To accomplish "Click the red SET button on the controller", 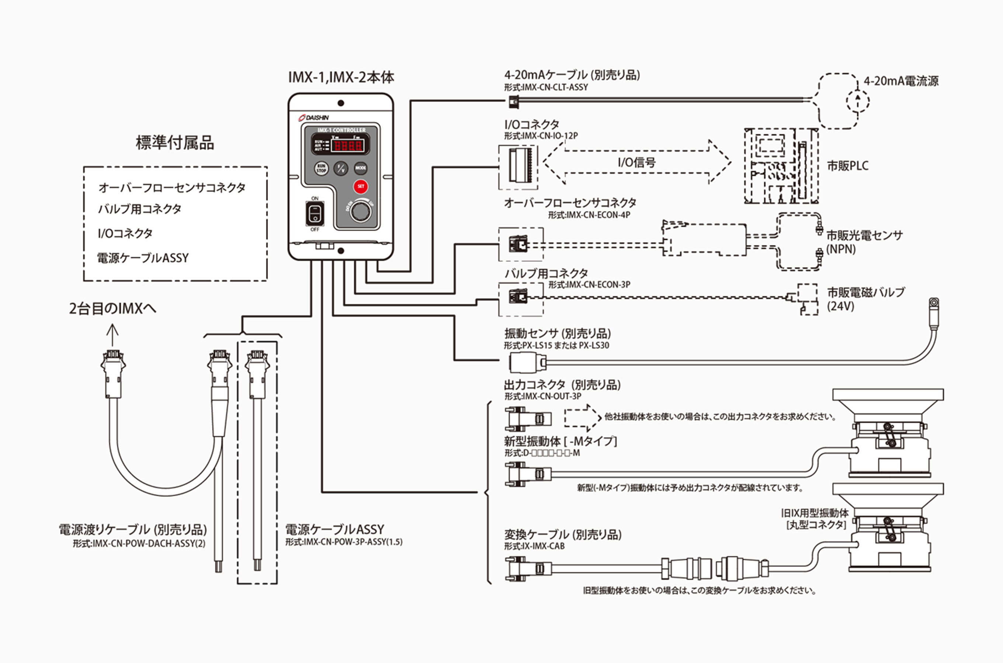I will [360, 186].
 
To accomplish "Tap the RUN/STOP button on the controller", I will [321, 168].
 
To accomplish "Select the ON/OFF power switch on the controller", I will [315, 214].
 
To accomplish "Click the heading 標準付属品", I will [175, 143].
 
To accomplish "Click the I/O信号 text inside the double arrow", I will [636, 162].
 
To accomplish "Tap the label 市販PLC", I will [848, 166].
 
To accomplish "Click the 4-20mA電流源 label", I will [901, 81].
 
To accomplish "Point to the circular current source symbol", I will [857, 101].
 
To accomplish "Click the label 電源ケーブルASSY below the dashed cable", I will [334, 529].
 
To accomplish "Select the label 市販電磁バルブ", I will [866, 292].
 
